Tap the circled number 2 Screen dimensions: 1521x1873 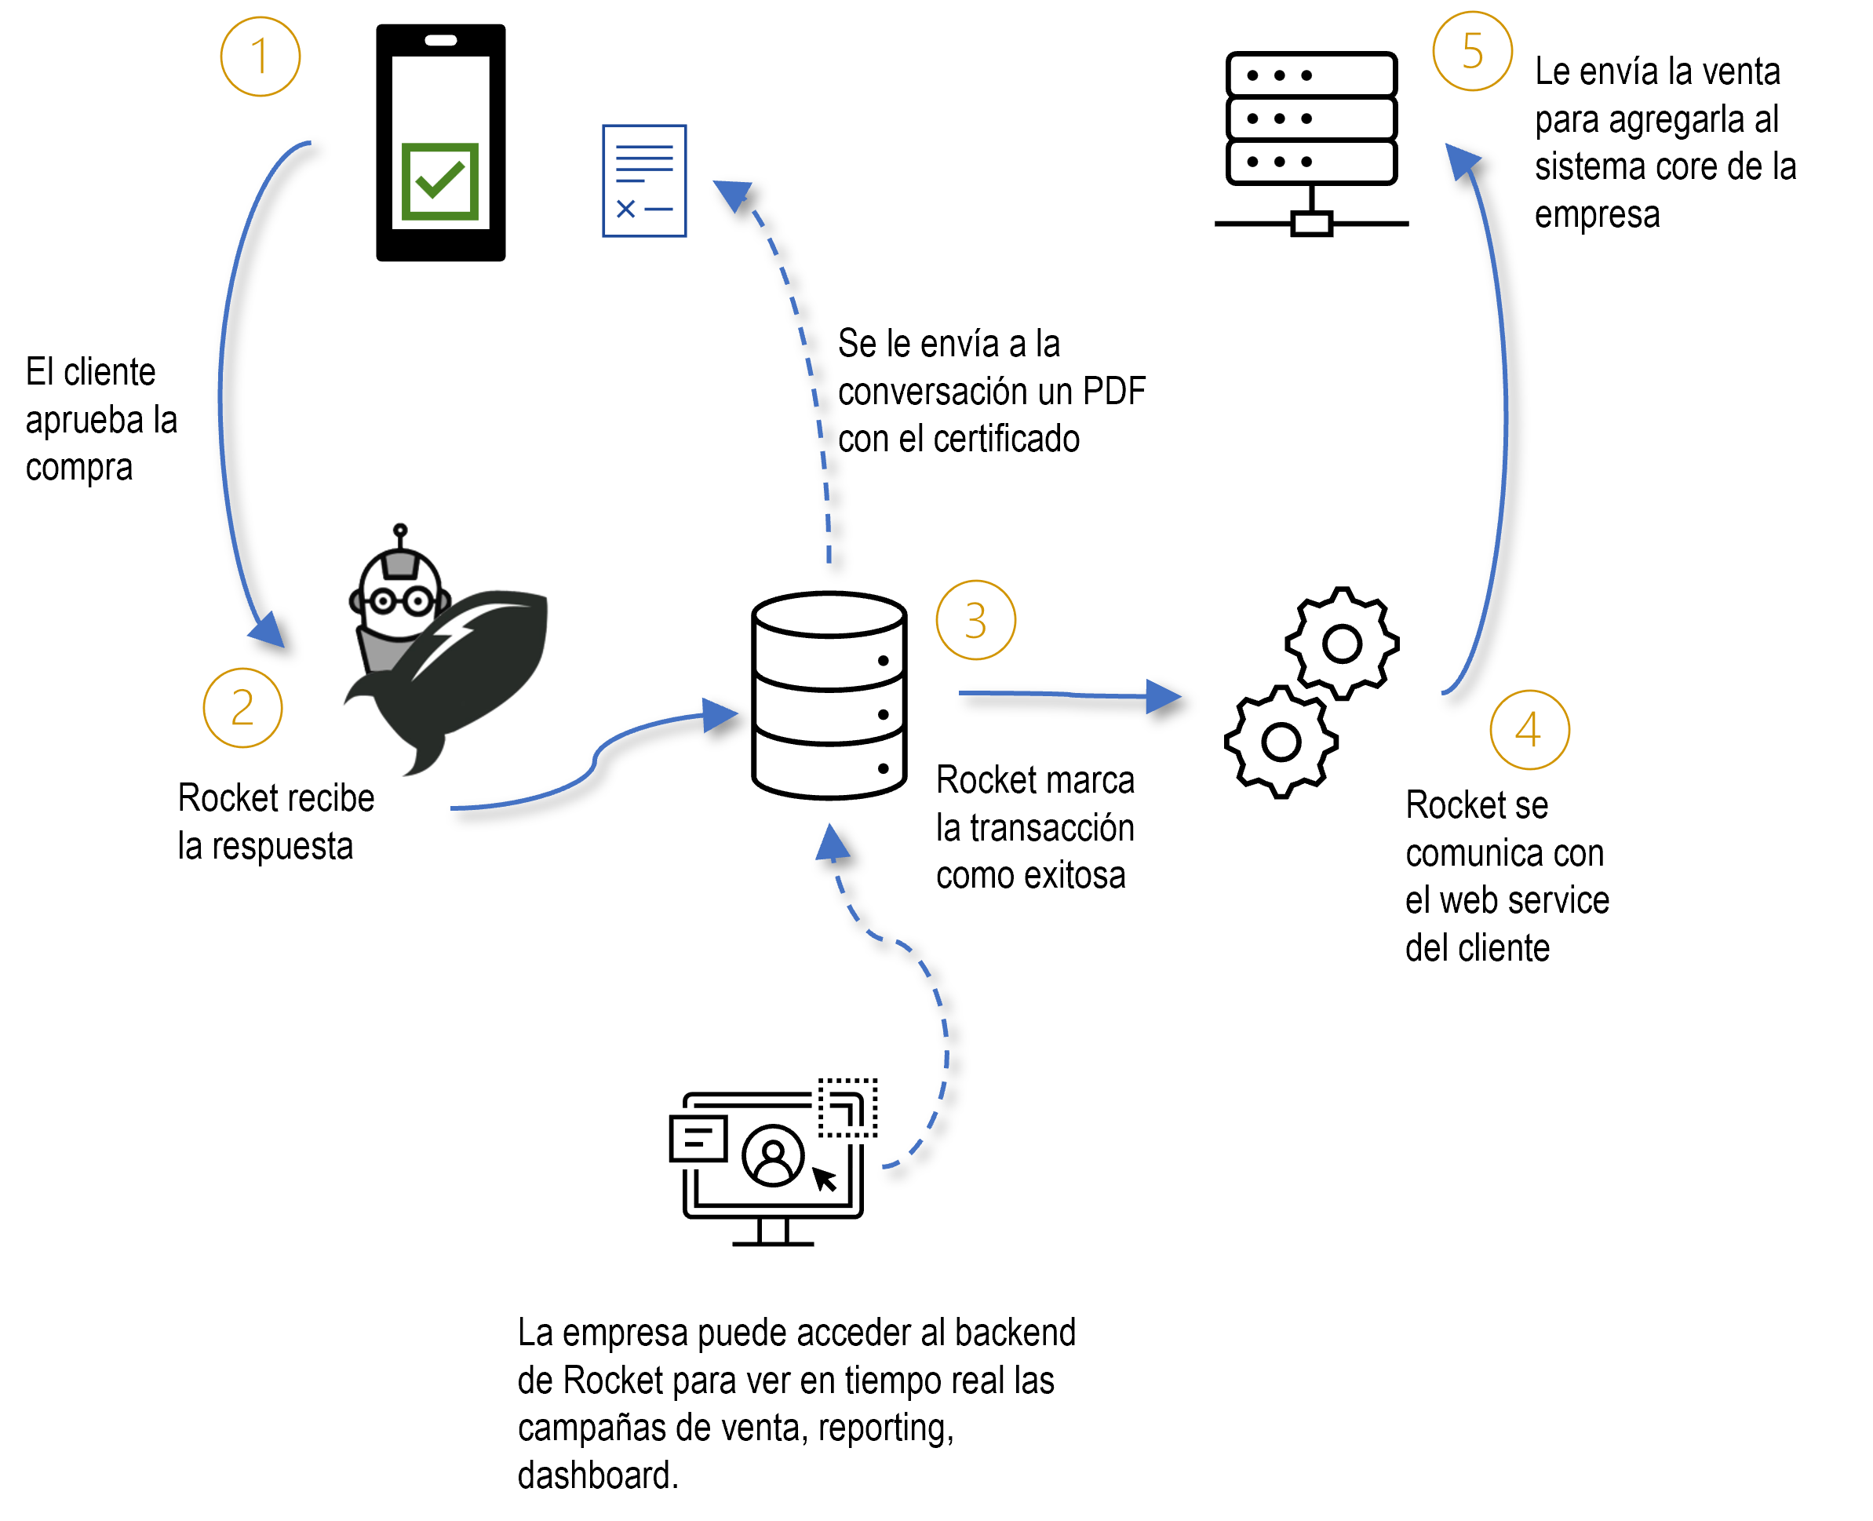(x=242, y=708)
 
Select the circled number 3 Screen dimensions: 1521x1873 (x=976, y=620)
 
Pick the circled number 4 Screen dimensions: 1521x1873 (x=1529, y=730)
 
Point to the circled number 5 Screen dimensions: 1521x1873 (x=1473, y=51)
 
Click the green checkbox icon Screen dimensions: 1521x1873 (x=439, y=181)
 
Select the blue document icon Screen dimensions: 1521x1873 (x=644, y=181)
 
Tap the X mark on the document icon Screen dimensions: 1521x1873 (x=625, y=209)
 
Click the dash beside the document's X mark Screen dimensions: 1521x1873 (x=659, y=210)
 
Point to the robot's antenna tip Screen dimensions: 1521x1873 (x=400, y=529)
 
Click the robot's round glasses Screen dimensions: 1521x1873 (x=400, y=601)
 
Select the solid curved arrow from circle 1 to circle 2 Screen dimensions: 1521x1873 (x=220, y=394)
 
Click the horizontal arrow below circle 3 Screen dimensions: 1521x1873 (x=1051, y=694)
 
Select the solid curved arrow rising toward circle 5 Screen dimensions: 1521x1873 (x=1504, y=421)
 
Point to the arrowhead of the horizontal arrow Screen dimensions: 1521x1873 (x=1163, y=697)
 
